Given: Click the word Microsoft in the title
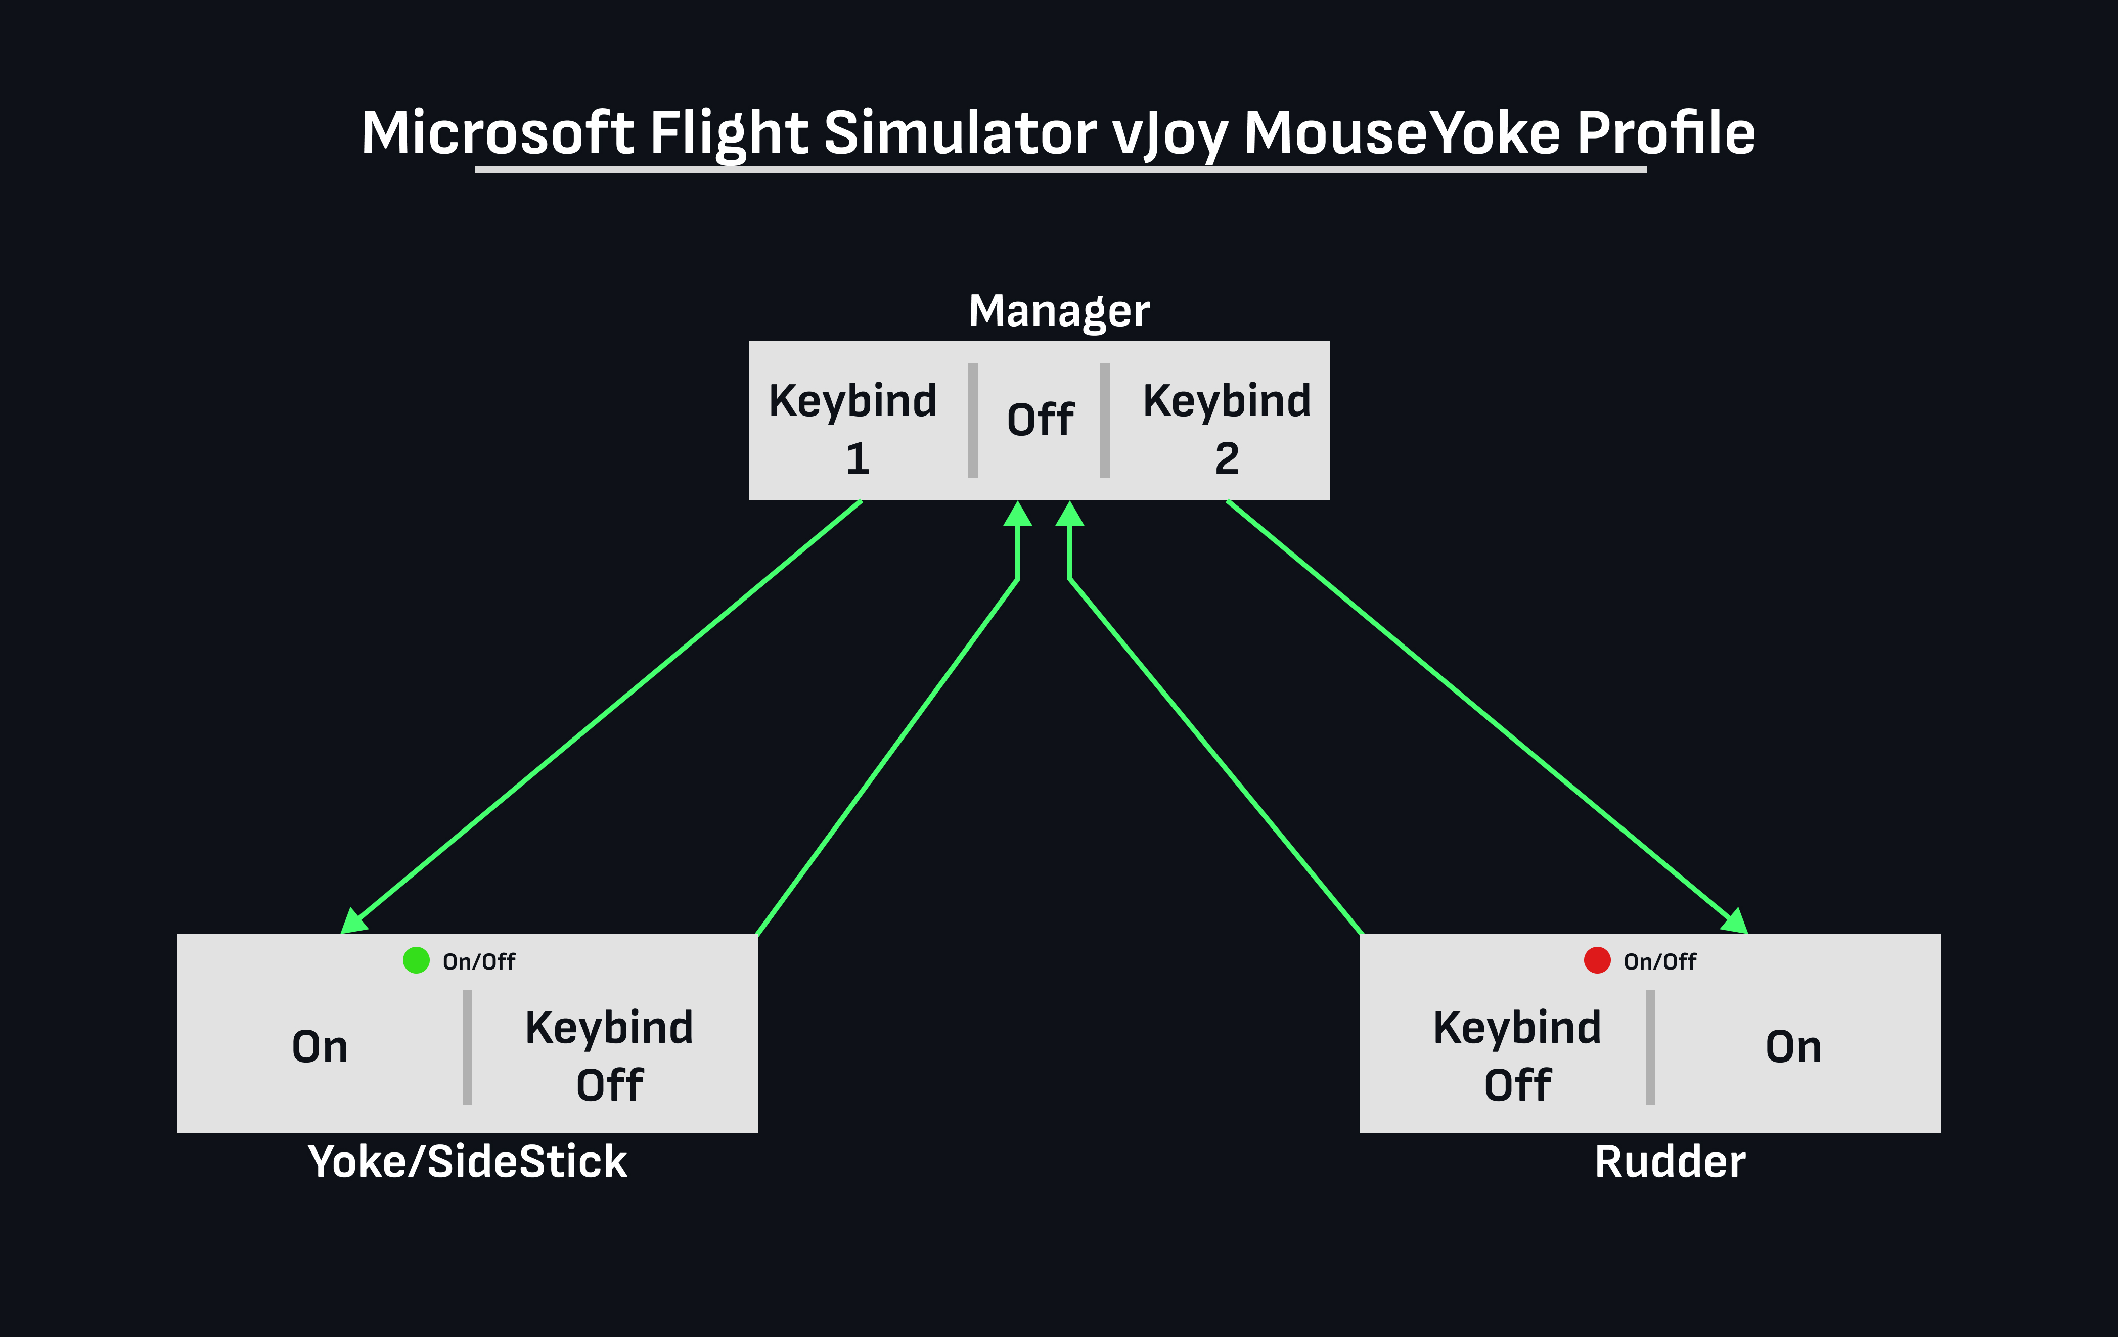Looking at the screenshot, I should click(498, 133).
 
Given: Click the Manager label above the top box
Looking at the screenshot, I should click(1058, 311).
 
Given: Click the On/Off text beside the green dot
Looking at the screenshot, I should click(479, 961).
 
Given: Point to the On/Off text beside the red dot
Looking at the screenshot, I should click(1660, 961).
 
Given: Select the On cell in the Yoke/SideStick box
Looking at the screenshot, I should click(320, 1047).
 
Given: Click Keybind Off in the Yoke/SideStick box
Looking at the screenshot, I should click(610, 1055).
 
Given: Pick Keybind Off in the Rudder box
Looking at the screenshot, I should click(1517, 1055).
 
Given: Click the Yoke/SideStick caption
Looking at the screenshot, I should click(467, 1162).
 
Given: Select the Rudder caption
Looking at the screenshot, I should click(1670, 1162).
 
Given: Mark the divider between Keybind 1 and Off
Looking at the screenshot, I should click(973, 421).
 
